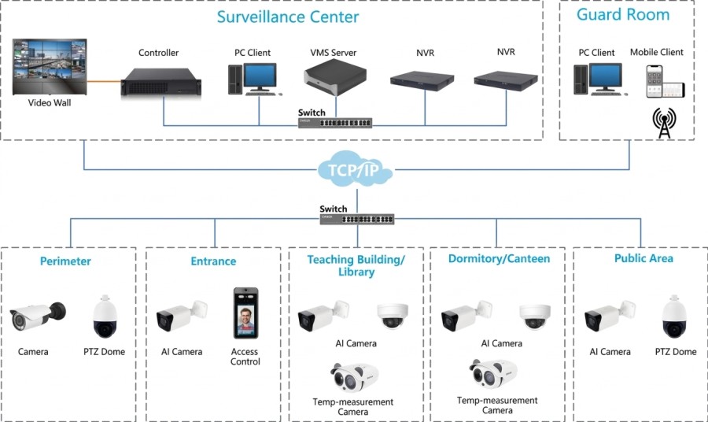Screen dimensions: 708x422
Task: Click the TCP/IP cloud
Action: [355, 169]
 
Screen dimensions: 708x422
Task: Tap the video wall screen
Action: [50, 67]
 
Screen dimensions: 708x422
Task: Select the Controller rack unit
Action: [161, 82]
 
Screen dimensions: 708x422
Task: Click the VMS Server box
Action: [335, 77]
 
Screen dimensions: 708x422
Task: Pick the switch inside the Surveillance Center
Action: [335, 123]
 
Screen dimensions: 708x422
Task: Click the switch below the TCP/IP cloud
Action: [356, 219]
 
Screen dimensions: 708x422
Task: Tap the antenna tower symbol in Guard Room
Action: [664, 123]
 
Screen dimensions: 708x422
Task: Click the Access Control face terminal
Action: [245, 313]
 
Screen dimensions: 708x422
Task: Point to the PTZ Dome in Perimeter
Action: [105, 316]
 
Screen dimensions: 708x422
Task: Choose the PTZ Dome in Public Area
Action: [674, 316]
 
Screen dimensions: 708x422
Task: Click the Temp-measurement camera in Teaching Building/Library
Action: [354, 377]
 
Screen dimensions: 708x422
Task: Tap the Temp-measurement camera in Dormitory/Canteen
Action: [493, 374]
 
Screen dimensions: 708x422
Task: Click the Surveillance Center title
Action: [288, 17]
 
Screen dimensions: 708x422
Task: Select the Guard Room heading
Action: [623, 15]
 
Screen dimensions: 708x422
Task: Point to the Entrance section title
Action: [213, 261]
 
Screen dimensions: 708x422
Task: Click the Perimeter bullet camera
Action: [38, 316]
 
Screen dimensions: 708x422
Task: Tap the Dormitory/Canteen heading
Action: [499, 259]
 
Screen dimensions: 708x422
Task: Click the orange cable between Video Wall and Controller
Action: [104, 82]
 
